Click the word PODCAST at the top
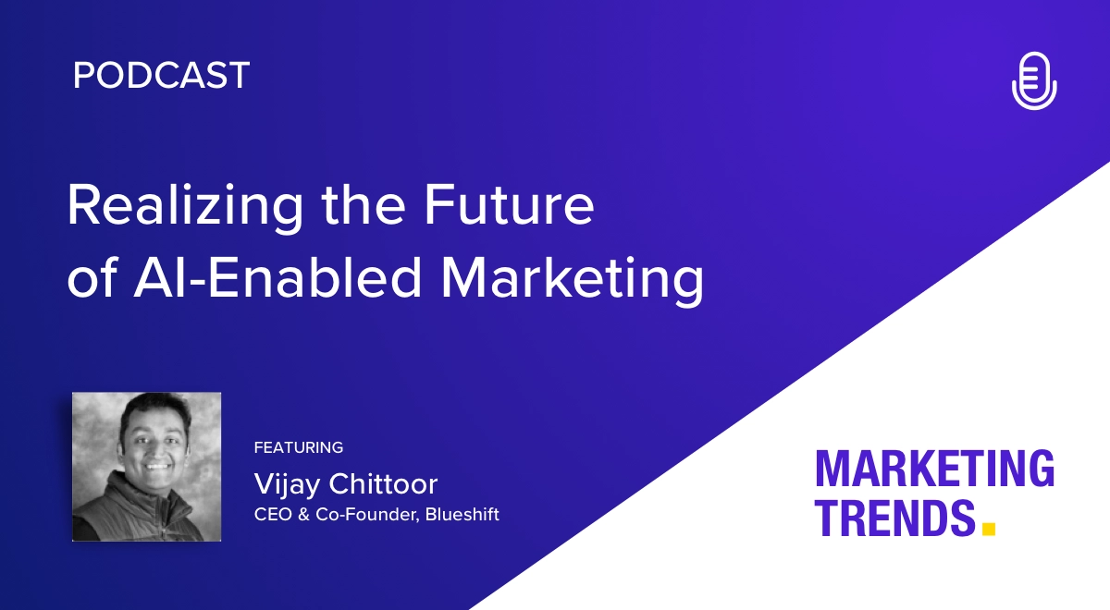(162, 75)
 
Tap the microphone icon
(1034, 80)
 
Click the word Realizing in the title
(185, 206)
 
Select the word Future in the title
(509, 204)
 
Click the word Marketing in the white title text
(573, 279)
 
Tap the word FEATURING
(298, 447)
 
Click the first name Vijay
(288, 484)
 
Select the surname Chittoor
(384, 483)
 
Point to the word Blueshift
(462, 515)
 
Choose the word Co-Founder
(367, 515)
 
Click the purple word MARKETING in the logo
(934, 469)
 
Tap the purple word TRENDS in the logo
(895, 518)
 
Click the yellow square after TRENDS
(989, 529)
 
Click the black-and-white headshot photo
(147, 467)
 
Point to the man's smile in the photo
(156, 466)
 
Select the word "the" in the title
(364, 204)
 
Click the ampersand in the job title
(303, 515)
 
